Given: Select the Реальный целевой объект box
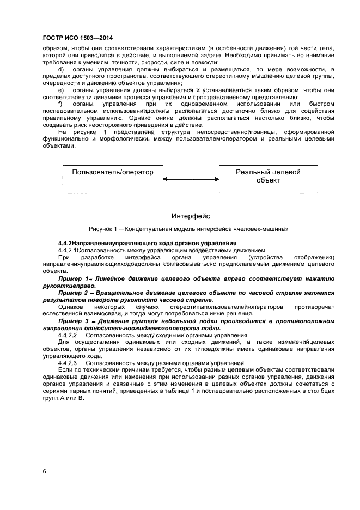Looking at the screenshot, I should coord(268,179).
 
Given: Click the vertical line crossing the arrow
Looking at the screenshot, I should coord(192,163).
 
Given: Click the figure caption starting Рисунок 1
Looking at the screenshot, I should coord(187,228).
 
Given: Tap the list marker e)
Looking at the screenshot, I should coord(61,89).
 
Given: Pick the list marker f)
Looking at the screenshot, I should coord(60,104).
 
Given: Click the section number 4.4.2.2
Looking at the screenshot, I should coord(68,335).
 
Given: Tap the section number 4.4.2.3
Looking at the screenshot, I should coord(68,363).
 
